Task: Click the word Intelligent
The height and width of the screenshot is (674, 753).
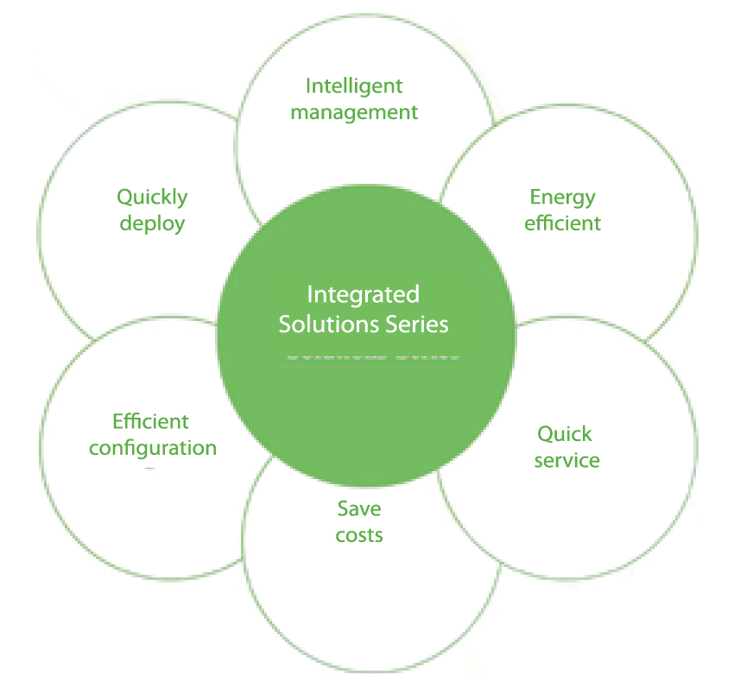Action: tap(354, 86)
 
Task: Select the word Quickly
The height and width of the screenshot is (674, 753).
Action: tap(152, 198)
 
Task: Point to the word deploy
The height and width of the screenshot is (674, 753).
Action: tap(152, 224)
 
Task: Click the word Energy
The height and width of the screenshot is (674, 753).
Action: tap(562, 198)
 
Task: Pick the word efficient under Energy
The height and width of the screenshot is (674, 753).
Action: tap(562, 223)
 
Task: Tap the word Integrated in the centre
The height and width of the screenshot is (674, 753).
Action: tap(363, 294)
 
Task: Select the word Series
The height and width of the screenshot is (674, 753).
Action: tap(417, 324)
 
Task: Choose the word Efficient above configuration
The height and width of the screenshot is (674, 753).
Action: tap(150, 421)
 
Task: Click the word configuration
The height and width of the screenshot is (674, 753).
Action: tap(153, 448)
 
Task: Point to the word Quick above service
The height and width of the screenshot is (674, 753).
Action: tap(565, 433)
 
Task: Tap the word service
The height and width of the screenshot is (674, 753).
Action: tap(566, 460)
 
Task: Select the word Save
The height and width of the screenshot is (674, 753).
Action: tap(359, 509)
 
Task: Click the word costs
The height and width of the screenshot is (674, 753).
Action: tap(359, 535)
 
